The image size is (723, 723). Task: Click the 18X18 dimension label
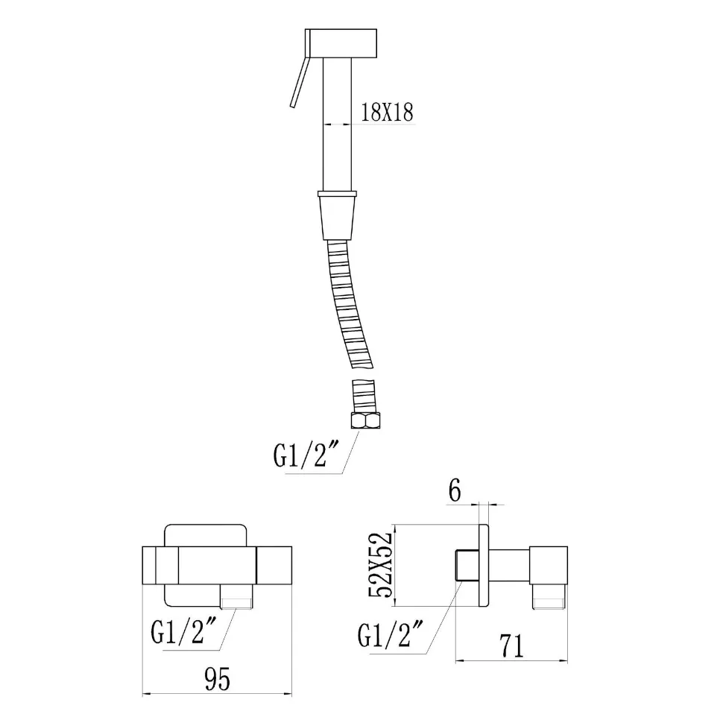pos(387,112)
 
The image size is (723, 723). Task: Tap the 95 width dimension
pos(217,679)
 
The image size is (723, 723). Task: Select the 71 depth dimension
pos(512,646)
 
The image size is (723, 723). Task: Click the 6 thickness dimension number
pos(455,490)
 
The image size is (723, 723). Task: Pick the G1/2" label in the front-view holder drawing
pos(178,632)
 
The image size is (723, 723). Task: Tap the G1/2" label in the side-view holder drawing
pos(384,635)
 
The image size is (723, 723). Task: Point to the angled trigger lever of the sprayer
pos(298,82)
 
